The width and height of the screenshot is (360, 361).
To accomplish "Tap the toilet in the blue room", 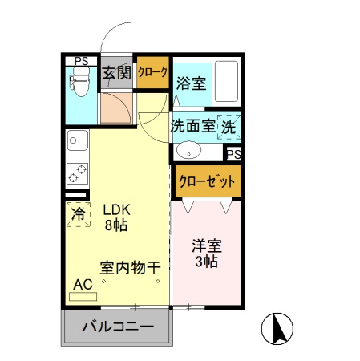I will click(x=80, y=83).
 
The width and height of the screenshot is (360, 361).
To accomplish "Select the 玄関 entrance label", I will click(x=117, y=74).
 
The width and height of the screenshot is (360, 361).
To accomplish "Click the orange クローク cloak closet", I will click(x=152, y=72).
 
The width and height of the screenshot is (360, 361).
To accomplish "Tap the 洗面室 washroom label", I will click(x=192, y=126).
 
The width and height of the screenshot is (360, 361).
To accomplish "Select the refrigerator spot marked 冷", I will click(x=79, y=214).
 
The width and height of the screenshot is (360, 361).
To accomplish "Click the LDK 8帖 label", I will click(x=116, y=217).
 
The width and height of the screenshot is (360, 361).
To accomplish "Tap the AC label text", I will click(x=83, y=284).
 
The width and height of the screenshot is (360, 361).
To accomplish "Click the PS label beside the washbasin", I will click(x=233, y=154).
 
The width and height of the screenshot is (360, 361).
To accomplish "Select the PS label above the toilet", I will click(x=81, y=60).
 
